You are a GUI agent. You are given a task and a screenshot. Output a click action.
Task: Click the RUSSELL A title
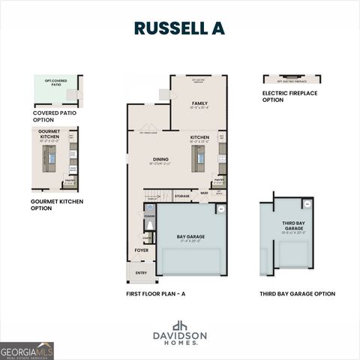[x=179, y=28]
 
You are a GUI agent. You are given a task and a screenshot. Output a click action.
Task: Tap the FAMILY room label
[x=199, y=103]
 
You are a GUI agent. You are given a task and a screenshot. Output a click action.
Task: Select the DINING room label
[x=160, y=159]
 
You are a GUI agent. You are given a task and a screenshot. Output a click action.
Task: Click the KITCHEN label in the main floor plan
[x=199, y=137]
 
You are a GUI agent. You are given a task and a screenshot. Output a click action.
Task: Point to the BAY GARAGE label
[x=190, y=236]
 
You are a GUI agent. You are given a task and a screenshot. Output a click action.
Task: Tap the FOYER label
[x=141, y=250]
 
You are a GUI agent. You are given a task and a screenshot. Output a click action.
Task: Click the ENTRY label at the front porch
[x=141, y=271]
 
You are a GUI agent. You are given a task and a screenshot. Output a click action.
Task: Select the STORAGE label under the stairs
[x=182, y=196]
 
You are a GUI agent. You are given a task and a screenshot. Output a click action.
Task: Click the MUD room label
[x=204, y=193]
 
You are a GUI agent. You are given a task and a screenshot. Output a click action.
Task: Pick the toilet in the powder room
[x=149, y=224]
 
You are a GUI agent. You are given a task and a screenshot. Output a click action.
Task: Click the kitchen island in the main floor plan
[x=199, y=158]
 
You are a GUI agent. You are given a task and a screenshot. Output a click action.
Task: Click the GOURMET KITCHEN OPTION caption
[x=56, y=205]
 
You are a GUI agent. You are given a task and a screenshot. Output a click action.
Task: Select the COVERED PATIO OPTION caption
[x=54, y=117]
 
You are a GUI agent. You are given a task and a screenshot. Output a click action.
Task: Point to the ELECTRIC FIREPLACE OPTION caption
[x=289, y=97]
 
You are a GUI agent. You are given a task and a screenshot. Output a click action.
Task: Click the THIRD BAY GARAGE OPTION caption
[x=297, y=294]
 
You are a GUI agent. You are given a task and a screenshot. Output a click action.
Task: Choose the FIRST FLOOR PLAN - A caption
[x=155, y=294]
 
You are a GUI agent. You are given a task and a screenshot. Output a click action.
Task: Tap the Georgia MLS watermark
[x=27, y=351]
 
